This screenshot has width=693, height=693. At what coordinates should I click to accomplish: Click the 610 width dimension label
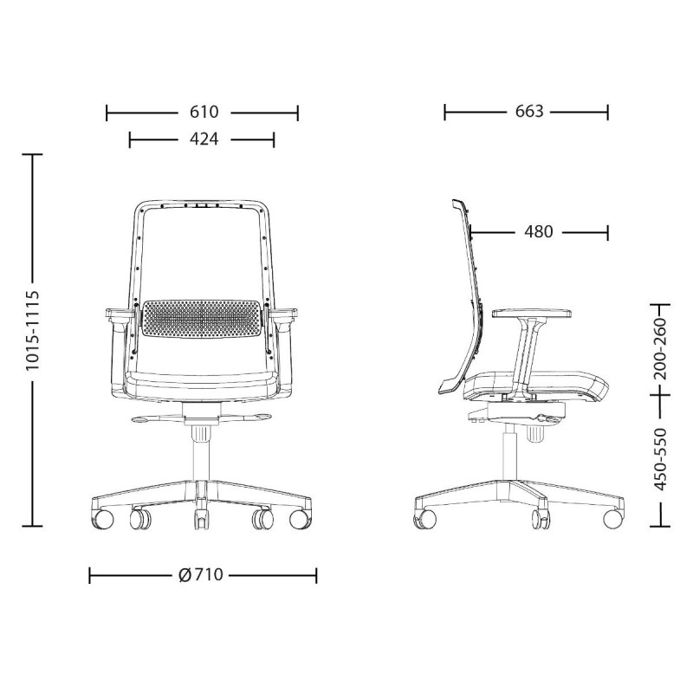[x=204, y=112]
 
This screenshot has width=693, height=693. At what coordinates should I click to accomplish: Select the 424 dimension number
[x=204, y=139]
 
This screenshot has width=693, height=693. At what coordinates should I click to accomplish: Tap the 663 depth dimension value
[x=529, y=112]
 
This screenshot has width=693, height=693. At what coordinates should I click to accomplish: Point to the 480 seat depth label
[x=538, y=231]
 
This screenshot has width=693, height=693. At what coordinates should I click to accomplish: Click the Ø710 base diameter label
[x=201, y=575]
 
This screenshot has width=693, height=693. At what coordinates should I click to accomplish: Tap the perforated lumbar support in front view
[x=202, y=318]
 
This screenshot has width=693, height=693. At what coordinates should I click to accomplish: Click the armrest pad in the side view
[x=532, y=314]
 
